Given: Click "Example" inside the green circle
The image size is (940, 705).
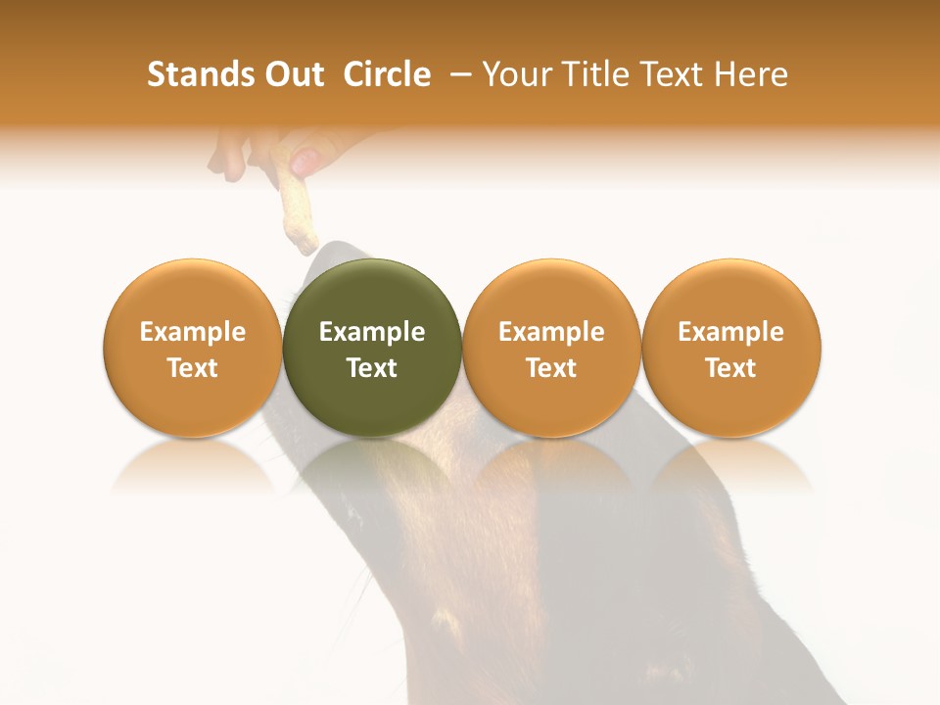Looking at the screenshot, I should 372,332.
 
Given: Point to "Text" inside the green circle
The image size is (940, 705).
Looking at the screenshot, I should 372,368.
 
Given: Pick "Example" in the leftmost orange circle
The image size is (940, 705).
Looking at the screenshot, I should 192,332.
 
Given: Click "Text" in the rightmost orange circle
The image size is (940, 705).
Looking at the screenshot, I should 730,368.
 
